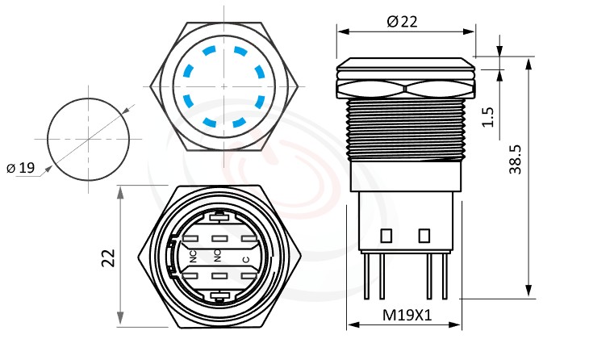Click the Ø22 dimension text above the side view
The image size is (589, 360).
pyautogui.click(x=403, y=22)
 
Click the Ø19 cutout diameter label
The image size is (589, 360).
pyautogui.click(x=22, y=168)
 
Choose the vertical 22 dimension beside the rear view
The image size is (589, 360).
pyautogui.click(x=108, y=257)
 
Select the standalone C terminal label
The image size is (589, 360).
pyautogui.click(x=245, y=259)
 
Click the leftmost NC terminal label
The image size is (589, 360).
pyautogui.click(x=194, y=257)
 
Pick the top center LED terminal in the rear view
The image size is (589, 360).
pyautogui.click(x=219, y=216)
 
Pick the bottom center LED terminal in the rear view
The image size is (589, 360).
pyautogui.click(x=219, y=298)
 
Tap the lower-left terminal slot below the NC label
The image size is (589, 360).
pyautogui.click(x=193, y=277)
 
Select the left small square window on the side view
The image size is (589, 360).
pyautogui.click(x=385, y=236)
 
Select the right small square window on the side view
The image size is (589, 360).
pyautogui.click(x=423, y=236)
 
